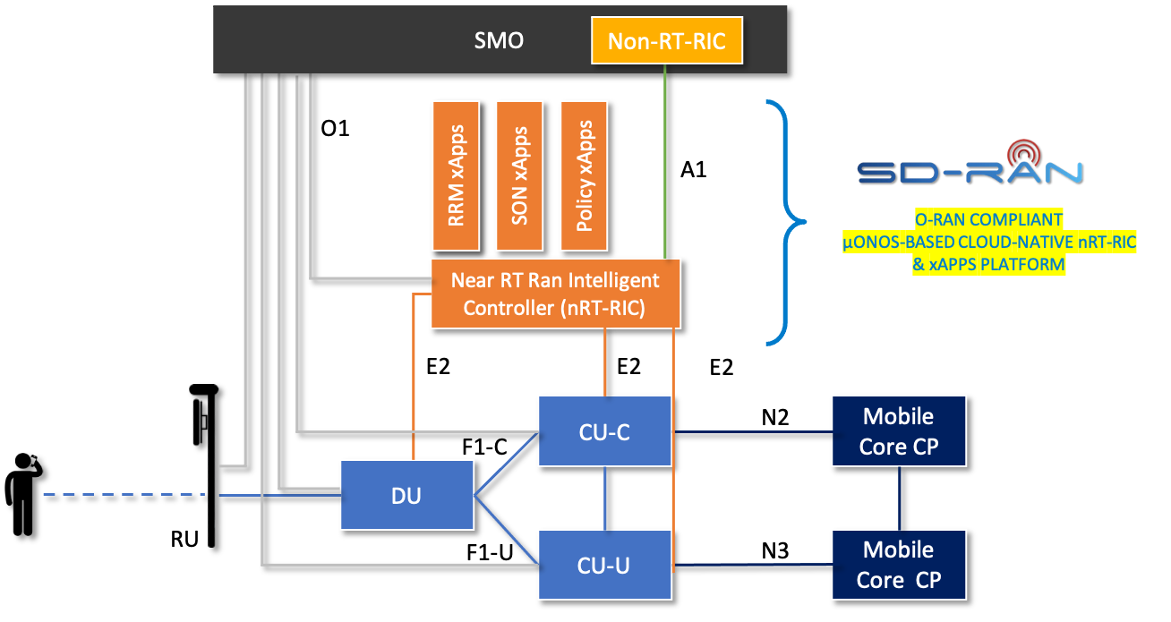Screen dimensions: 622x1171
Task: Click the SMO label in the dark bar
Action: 499,40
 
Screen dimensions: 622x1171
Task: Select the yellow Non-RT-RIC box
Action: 667,41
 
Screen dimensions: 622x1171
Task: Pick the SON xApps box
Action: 518,175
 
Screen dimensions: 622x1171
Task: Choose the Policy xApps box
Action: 584,175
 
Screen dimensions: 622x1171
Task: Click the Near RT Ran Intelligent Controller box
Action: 555,294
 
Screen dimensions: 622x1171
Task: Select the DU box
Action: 406,495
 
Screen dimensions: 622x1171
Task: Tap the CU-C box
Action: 604,431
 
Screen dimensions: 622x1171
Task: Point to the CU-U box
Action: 604,565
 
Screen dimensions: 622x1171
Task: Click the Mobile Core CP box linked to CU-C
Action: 899,431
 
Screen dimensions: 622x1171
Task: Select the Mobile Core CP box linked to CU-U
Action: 899,565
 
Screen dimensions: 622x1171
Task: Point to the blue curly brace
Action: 783,222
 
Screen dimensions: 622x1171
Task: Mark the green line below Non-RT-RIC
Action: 665,161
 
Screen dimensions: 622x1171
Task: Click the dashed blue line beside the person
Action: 125,495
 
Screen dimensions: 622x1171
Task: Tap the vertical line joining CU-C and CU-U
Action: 605,498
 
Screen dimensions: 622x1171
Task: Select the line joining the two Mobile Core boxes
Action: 900,498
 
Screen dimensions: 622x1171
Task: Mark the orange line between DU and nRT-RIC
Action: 413,376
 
